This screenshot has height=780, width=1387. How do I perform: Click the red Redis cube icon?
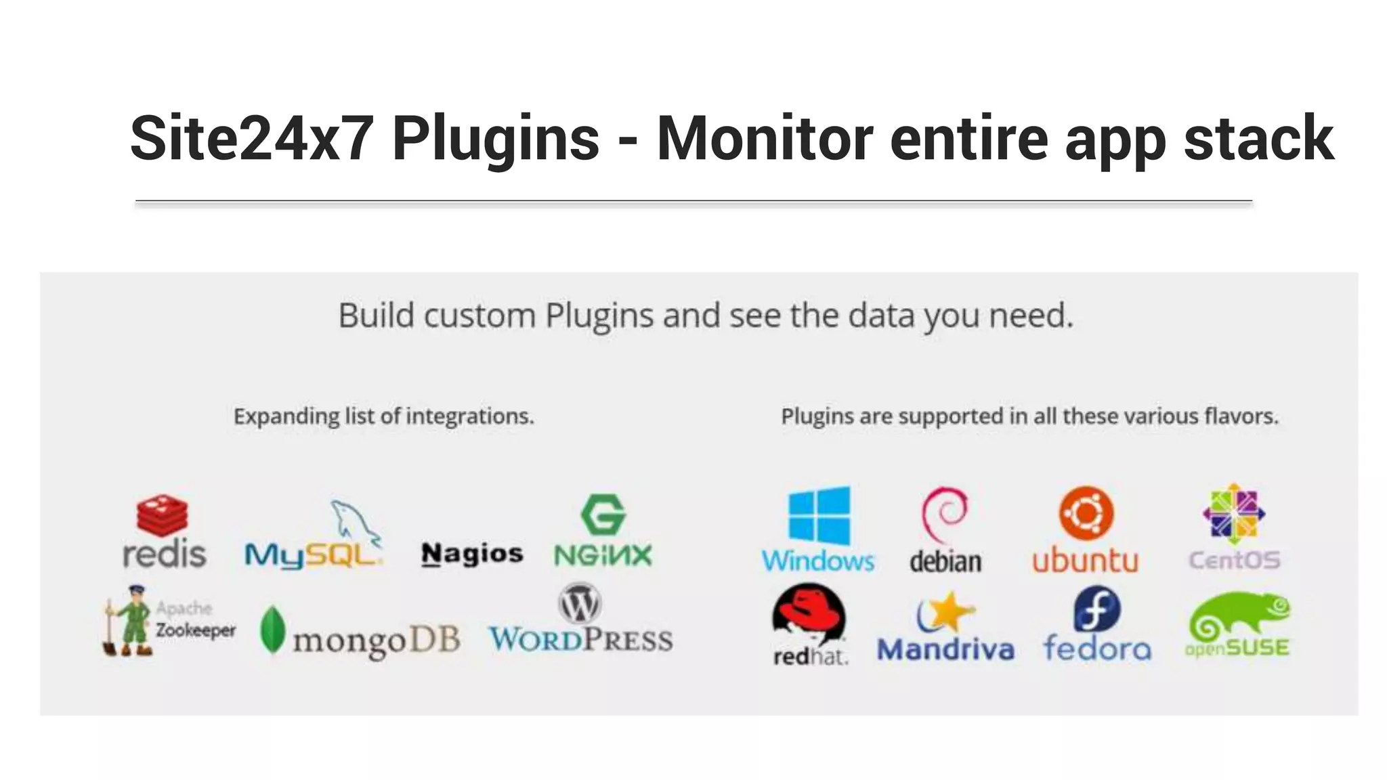163,515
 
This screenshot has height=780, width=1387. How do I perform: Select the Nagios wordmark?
472,554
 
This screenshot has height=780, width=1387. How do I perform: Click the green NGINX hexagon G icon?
603,515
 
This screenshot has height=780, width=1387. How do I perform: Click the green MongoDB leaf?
272,630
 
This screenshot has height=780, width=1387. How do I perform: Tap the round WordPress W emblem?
580,604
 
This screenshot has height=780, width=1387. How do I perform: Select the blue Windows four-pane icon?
819,516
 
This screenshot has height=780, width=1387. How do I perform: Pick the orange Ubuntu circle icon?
1086,513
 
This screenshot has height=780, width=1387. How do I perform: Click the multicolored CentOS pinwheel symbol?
1233,514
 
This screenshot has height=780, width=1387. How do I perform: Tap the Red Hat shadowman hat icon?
809,612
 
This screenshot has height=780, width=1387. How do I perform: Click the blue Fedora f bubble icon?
1097,609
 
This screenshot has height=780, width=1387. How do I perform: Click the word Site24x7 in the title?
251,139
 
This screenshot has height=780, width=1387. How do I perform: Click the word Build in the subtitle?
376,316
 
